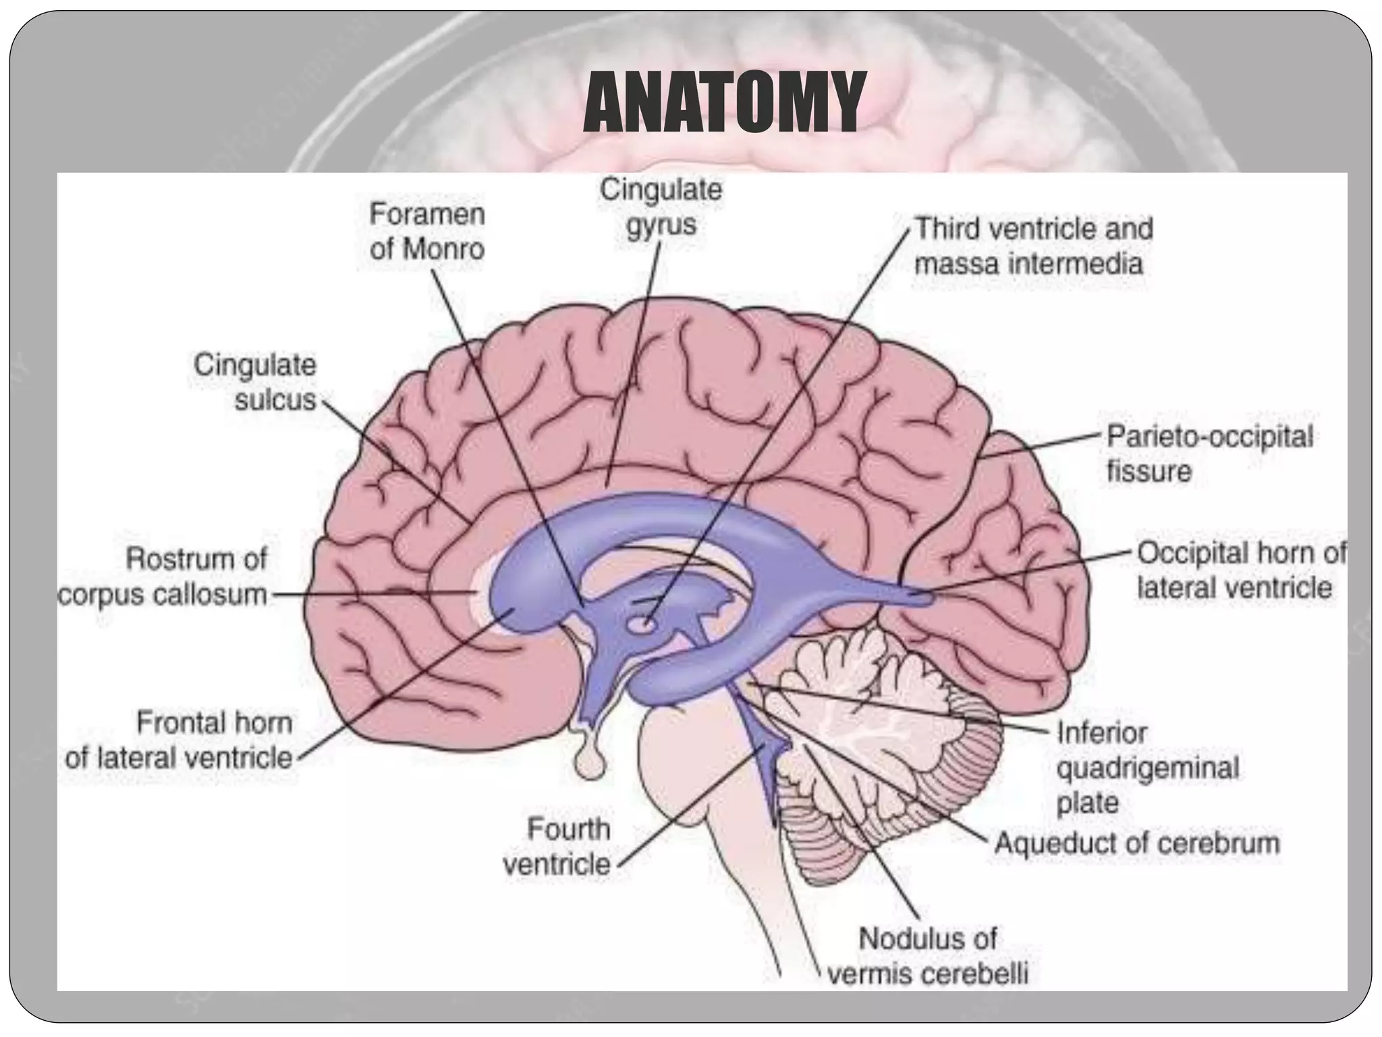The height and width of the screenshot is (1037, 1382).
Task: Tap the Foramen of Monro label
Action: point(427,232)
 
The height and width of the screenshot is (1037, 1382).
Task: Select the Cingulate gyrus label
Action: point(661,207)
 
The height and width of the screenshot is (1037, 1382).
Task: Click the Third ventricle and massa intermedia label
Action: point(1033,246)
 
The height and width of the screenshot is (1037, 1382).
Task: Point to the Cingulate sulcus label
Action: point(255,382)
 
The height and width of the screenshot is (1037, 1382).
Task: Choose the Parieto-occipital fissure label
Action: point(1210,453)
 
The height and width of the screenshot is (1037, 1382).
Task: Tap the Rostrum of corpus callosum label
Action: point(163,577)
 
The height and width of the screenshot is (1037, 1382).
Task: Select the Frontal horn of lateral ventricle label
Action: point(179,740)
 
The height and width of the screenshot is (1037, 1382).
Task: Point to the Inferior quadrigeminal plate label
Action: point(1147,768)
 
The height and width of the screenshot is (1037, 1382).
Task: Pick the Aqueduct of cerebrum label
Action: point(1137,843)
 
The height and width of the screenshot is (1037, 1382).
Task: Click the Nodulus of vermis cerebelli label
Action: point(928,956)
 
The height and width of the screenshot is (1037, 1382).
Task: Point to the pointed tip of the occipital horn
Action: point(931,597)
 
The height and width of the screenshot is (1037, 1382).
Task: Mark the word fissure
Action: point(1149,471)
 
